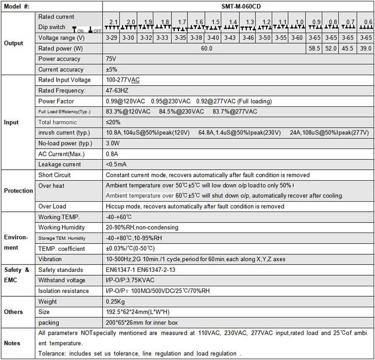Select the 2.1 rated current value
[113, 22]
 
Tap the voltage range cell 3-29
[112, 38]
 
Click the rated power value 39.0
[366, 48]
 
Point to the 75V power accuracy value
[111, 59]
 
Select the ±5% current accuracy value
[112, 69]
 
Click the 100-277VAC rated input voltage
[123, 80]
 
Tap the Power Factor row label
[56, 101]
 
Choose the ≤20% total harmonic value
[113, 122]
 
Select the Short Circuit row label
[55, 175]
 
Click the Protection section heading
[18, 191]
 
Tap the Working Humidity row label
[61, 227]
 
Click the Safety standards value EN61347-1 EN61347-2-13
[140, 270]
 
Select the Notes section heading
[12, 343]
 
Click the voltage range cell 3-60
[297, 38]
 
